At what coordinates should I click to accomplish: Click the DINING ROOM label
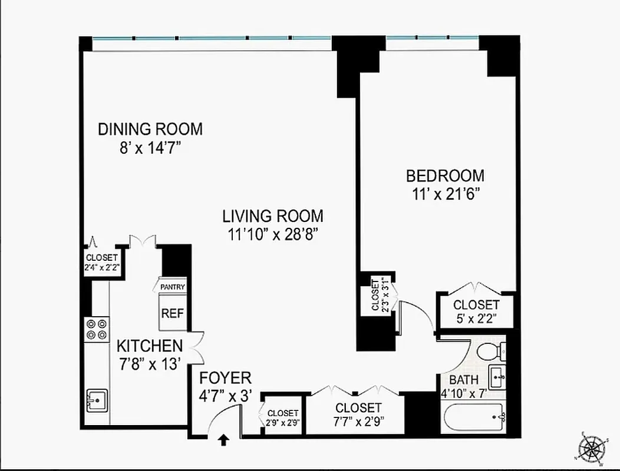click(150, 129)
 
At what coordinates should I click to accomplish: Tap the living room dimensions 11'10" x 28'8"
click(272, 234)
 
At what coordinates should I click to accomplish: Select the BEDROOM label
click(445, 175)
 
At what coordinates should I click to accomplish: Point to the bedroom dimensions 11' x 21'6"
click(445, 194)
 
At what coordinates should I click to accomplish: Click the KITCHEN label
click(149, 346)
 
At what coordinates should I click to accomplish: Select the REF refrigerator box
click(173, 313)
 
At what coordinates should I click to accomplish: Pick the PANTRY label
click(173, 287)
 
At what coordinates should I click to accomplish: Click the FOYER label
click(225, 377)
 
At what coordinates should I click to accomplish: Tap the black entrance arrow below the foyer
click(224, 439)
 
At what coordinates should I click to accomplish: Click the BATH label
click(464, 380)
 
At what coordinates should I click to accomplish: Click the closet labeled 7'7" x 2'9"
click(358, 413)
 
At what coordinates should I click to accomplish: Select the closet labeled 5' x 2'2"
click(476, 311)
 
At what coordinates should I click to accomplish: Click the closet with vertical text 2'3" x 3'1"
click(378, 294)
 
